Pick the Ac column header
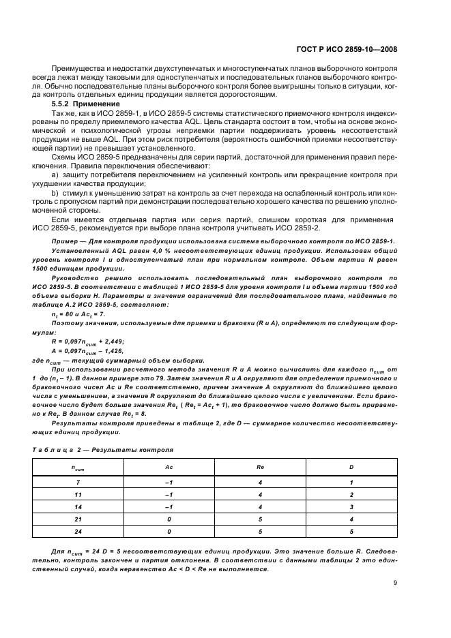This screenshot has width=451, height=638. (169, 468)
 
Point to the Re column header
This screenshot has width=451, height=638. (260, 468)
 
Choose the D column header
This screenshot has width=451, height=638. (351, 468)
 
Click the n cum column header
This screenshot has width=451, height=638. (77, 468)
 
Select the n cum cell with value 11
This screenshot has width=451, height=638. (77, 495)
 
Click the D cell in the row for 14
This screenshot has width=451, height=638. (351, 506)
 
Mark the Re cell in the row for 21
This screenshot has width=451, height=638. (260, 519)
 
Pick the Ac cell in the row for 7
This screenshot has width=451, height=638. (169, 483)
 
